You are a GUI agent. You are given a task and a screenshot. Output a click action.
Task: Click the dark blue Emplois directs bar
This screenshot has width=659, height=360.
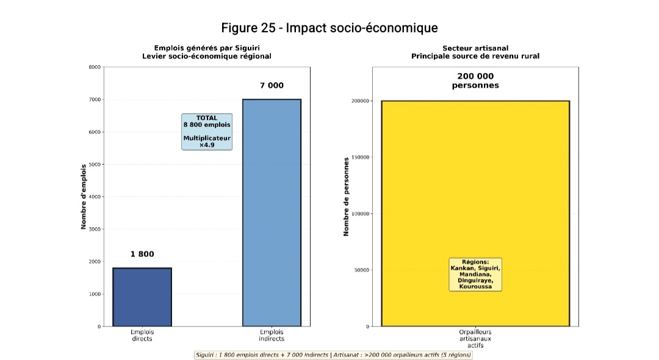coord(142,297)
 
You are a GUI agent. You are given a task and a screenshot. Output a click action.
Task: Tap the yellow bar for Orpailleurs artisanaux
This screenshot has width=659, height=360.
coord(475,183)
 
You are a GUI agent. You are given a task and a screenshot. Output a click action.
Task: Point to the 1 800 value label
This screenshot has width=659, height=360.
coord(142,254)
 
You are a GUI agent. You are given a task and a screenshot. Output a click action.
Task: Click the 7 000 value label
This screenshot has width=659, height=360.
coord(272,85)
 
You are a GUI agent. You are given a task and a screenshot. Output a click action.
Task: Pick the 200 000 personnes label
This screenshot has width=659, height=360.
coord(475,81)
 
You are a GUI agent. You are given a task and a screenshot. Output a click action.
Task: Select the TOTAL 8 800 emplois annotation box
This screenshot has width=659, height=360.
coord(207,131)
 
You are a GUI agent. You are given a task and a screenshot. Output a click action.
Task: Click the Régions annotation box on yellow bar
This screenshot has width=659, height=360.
coord(475,274)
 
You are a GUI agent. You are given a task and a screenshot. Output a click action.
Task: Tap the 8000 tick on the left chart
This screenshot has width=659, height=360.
coord(95,67)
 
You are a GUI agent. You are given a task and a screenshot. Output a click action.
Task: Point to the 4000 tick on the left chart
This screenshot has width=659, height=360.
coord(95,197)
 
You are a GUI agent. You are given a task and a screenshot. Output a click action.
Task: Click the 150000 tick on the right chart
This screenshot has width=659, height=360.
coord(360,157)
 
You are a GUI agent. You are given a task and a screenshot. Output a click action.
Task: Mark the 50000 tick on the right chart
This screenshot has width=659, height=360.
coord(361,270)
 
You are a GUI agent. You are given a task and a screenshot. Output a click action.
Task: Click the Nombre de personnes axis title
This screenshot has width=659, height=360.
coord(347,197)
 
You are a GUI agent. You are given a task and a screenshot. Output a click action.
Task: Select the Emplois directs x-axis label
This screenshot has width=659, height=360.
coord(142,335)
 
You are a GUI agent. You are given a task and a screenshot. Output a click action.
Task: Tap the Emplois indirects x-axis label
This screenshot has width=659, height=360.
coord(272,335)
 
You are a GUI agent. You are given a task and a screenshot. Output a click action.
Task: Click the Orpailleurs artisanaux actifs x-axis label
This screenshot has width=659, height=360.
coord(475,338)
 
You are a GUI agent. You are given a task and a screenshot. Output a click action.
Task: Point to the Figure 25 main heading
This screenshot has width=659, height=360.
coord(329,28)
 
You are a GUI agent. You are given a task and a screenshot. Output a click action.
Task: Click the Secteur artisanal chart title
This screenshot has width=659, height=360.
coord(475,52)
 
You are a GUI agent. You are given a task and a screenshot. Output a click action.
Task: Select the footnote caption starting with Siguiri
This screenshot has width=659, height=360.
coord(333,355)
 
